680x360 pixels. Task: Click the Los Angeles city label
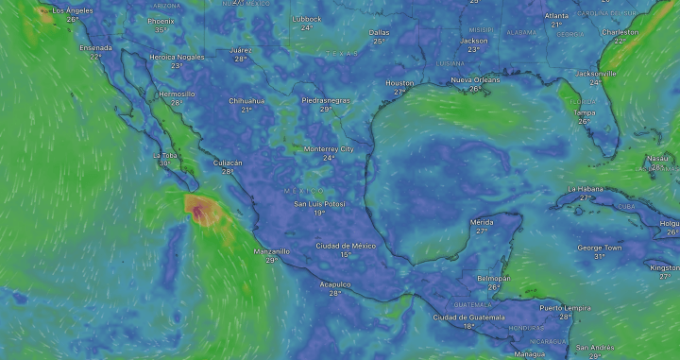(x=73, y=9)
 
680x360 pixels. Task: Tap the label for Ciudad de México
(x=346, y=246)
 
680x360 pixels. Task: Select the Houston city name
(x=399, y=83)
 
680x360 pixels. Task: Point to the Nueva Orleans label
(x=473, y=79)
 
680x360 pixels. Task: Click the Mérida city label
(x=482, y=222)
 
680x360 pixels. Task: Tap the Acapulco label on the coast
(x=334, y=283)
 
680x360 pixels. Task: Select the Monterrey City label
(x=329, y=149)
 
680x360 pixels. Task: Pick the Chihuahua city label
(x=246, y=100)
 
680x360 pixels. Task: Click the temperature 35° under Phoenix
(x=161, y=29)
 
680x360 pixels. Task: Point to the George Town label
(x=600, y=248)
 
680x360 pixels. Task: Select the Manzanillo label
(x=272, y=251)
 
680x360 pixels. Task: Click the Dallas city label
(x=380, y=32)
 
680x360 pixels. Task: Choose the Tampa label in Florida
(x=585, y=112)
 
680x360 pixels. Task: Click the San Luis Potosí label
(x=320, y=204)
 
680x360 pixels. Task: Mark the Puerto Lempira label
(x=565, y=308)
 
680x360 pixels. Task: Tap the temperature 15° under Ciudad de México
(x=346, y=255)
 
